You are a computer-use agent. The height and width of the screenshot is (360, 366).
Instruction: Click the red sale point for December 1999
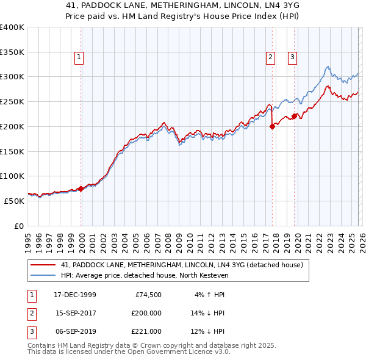pos(81,189)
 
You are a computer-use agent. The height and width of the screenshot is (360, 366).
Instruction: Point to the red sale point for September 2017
pos(272,127)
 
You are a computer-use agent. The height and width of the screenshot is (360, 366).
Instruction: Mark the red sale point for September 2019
pos(294,116)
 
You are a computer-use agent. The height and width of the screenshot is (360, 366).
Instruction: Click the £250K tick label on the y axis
pos(12,101)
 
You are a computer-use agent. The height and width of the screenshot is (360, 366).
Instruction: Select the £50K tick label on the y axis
pos(14,201)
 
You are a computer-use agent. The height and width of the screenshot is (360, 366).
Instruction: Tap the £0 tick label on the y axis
pos(18,226)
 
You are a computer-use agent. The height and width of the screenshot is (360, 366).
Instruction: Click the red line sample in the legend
pos(43,265)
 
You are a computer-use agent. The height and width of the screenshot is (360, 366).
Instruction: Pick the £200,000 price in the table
pos(146,313)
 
